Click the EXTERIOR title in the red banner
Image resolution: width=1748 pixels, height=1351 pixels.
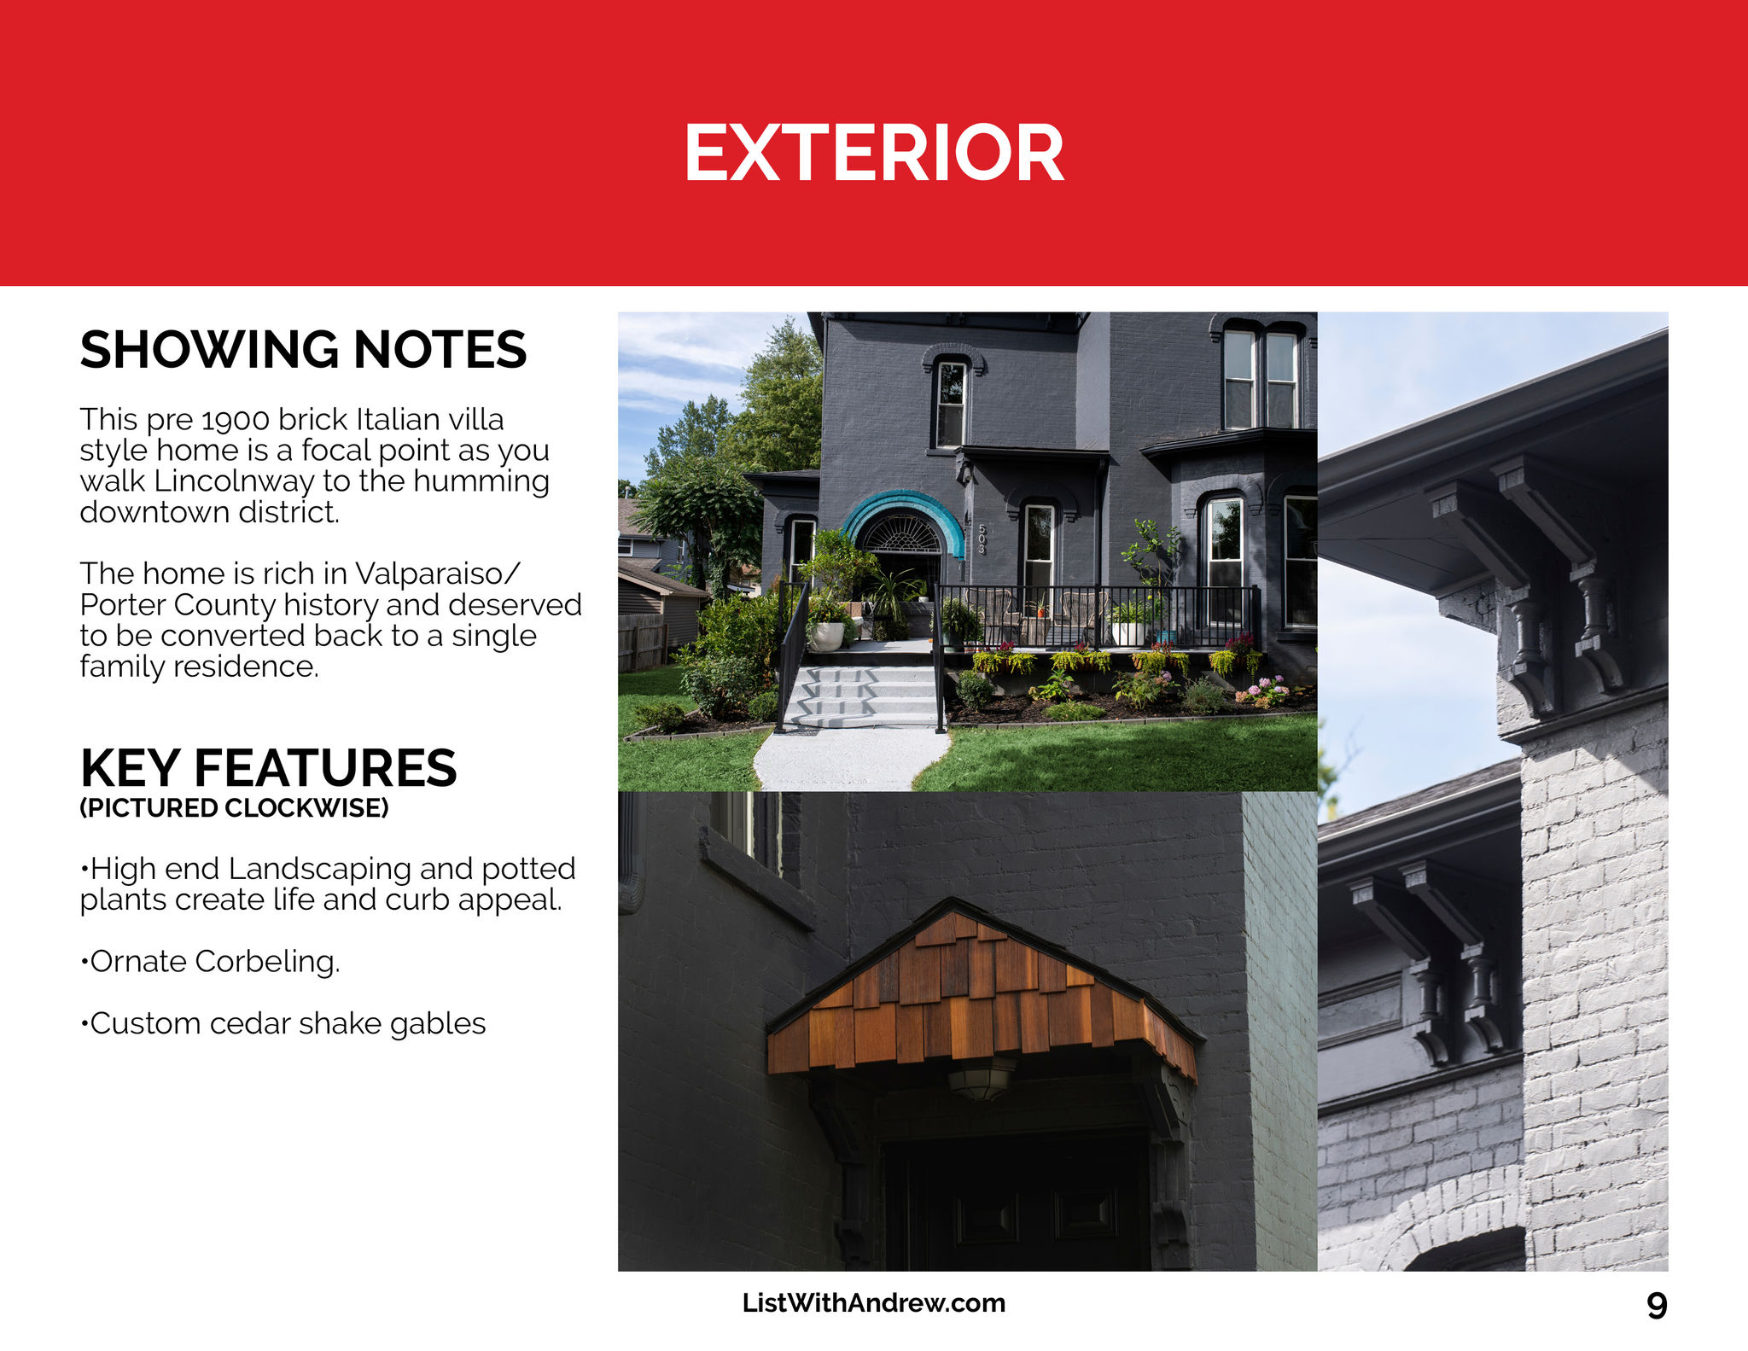tap(874, 153)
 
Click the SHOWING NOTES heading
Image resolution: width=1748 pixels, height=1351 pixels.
tap(303, 350)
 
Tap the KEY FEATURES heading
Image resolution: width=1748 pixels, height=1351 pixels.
tap(268, 768)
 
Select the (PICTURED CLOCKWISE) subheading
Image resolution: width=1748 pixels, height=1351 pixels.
tap(234, 808)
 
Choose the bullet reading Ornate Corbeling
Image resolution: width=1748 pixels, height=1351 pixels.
tap(210, 962)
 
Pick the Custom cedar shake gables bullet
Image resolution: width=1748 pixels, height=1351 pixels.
tap(283, 1023)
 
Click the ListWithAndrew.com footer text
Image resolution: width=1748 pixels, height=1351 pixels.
tap(874, 1303)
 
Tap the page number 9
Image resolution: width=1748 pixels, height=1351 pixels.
tap(1657, 1306)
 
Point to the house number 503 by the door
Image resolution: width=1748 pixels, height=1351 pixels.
tap(982, 539)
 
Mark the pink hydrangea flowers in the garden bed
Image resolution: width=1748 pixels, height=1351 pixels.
tap(1263, 691)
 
